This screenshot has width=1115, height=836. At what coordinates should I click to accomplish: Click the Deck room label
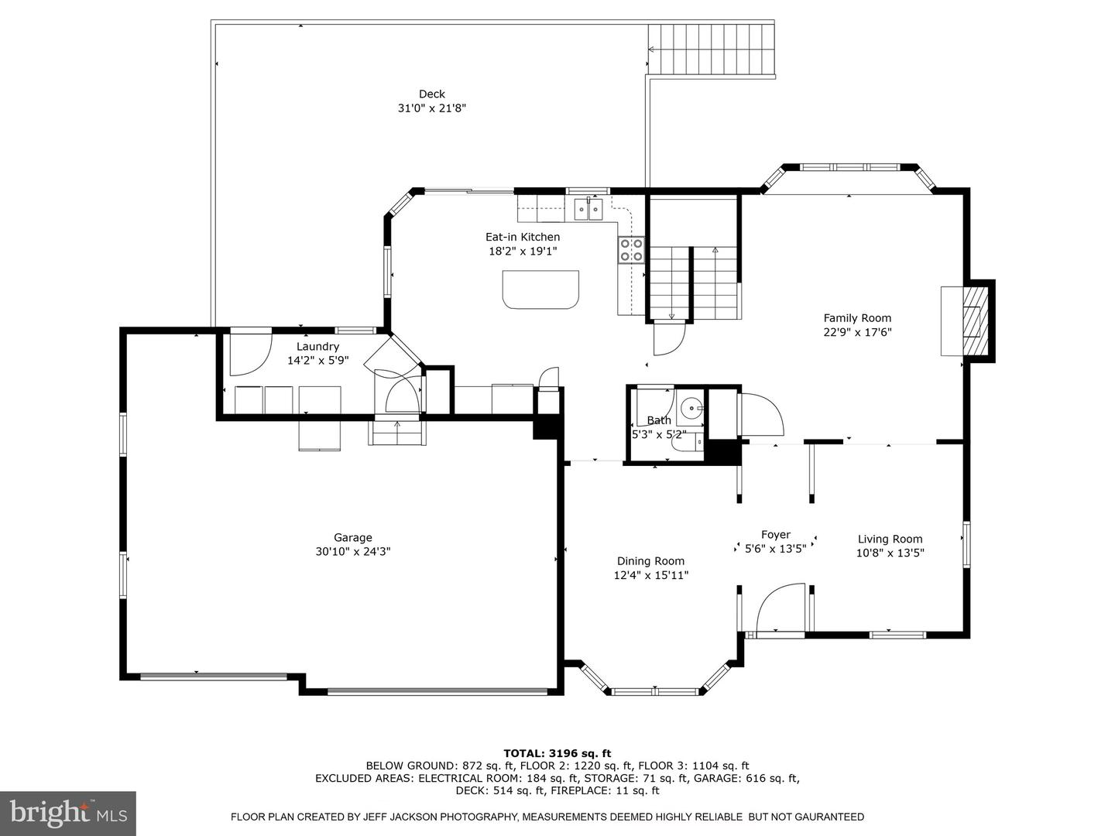(x=431, y=94)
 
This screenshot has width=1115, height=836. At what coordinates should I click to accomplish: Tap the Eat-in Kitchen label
(x=522, y=237)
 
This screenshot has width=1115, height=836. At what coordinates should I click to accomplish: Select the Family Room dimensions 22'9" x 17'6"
(x=857, y=333)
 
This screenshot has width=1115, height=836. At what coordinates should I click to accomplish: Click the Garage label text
(x=352, y=537)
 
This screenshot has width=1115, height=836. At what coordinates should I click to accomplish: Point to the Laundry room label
(x=317, y=346)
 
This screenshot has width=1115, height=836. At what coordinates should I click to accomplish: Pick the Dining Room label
(x=650, y=561)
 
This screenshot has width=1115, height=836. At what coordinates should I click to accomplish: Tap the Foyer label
(x=776, y=534)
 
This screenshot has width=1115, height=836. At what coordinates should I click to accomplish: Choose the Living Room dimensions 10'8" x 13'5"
(x=890, y=553)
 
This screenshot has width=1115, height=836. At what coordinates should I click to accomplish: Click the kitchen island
(x=540, y=290)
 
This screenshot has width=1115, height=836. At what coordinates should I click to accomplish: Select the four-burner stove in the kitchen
(x=631, y=250)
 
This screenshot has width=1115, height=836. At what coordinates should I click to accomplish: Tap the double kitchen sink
(x=588, y=209)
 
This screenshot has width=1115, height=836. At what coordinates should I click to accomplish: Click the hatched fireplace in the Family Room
(x=976, y=320)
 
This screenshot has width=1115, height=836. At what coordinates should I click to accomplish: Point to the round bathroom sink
(x=691, y=407)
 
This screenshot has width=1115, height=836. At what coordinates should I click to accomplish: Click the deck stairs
(x=711, y=49)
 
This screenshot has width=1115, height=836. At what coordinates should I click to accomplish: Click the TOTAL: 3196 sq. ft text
(x=557, y=753)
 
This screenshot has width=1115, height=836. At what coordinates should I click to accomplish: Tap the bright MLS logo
(x=68, y=814)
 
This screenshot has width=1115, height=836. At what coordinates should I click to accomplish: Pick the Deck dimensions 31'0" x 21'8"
(x=432, y=108)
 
